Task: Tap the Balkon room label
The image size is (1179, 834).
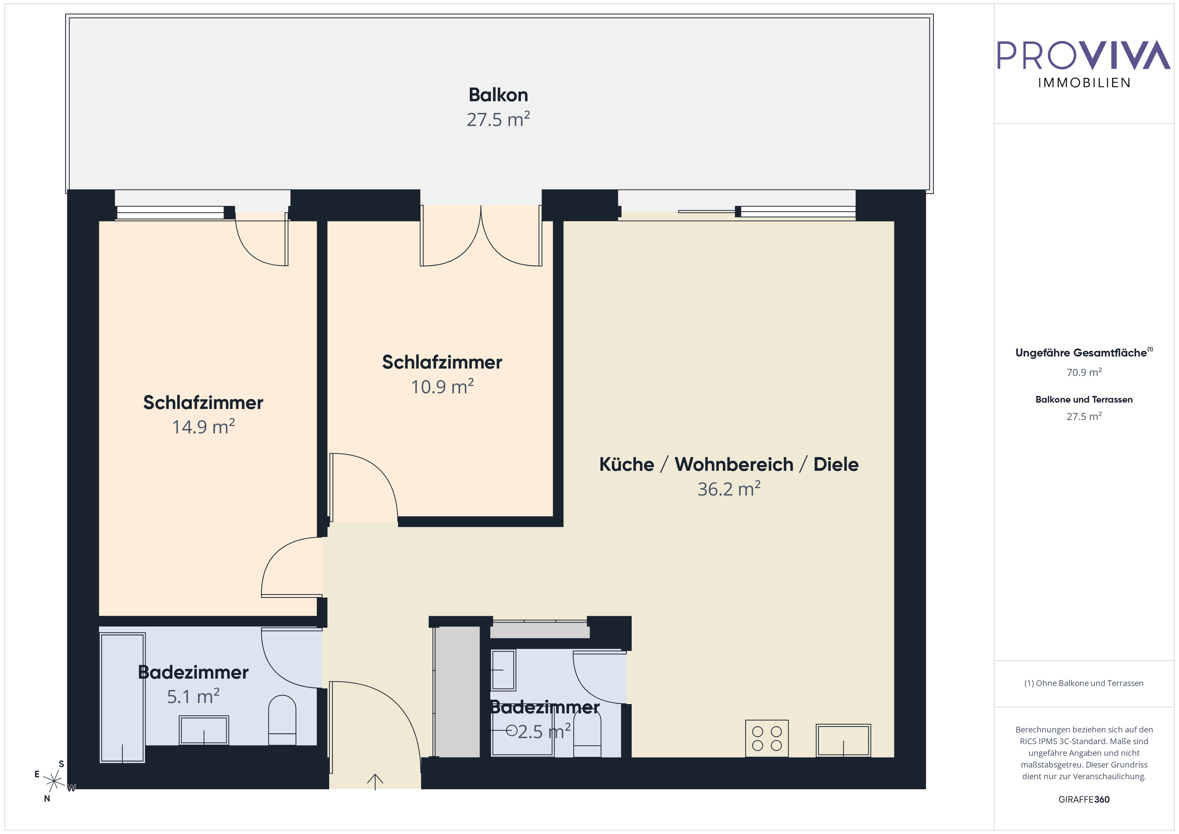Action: (498, 95)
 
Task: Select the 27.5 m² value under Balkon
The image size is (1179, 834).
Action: (498, 120)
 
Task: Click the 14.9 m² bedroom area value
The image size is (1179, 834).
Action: (204, 427)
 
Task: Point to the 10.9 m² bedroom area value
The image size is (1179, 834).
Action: (442, 387)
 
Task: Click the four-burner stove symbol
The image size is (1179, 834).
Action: (767, 739)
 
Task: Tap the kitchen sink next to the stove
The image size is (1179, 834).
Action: (843, 740)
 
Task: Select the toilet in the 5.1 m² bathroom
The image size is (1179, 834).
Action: (282, 719)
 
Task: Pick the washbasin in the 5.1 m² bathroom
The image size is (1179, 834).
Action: (204, 730)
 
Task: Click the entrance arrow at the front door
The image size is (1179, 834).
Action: (375, 781)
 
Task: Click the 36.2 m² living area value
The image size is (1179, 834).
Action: (729, 490)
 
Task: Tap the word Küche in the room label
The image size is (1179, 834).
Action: (626, 464)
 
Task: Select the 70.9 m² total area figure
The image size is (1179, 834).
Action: (1084, 372)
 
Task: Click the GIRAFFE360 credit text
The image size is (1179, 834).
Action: (1084, 799)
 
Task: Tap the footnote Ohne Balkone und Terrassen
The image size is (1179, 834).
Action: (1084, 683)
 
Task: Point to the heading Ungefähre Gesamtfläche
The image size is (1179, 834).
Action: (1081, 353)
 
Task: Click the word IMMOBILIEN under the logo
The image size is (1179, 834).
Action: (1084, 83)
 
